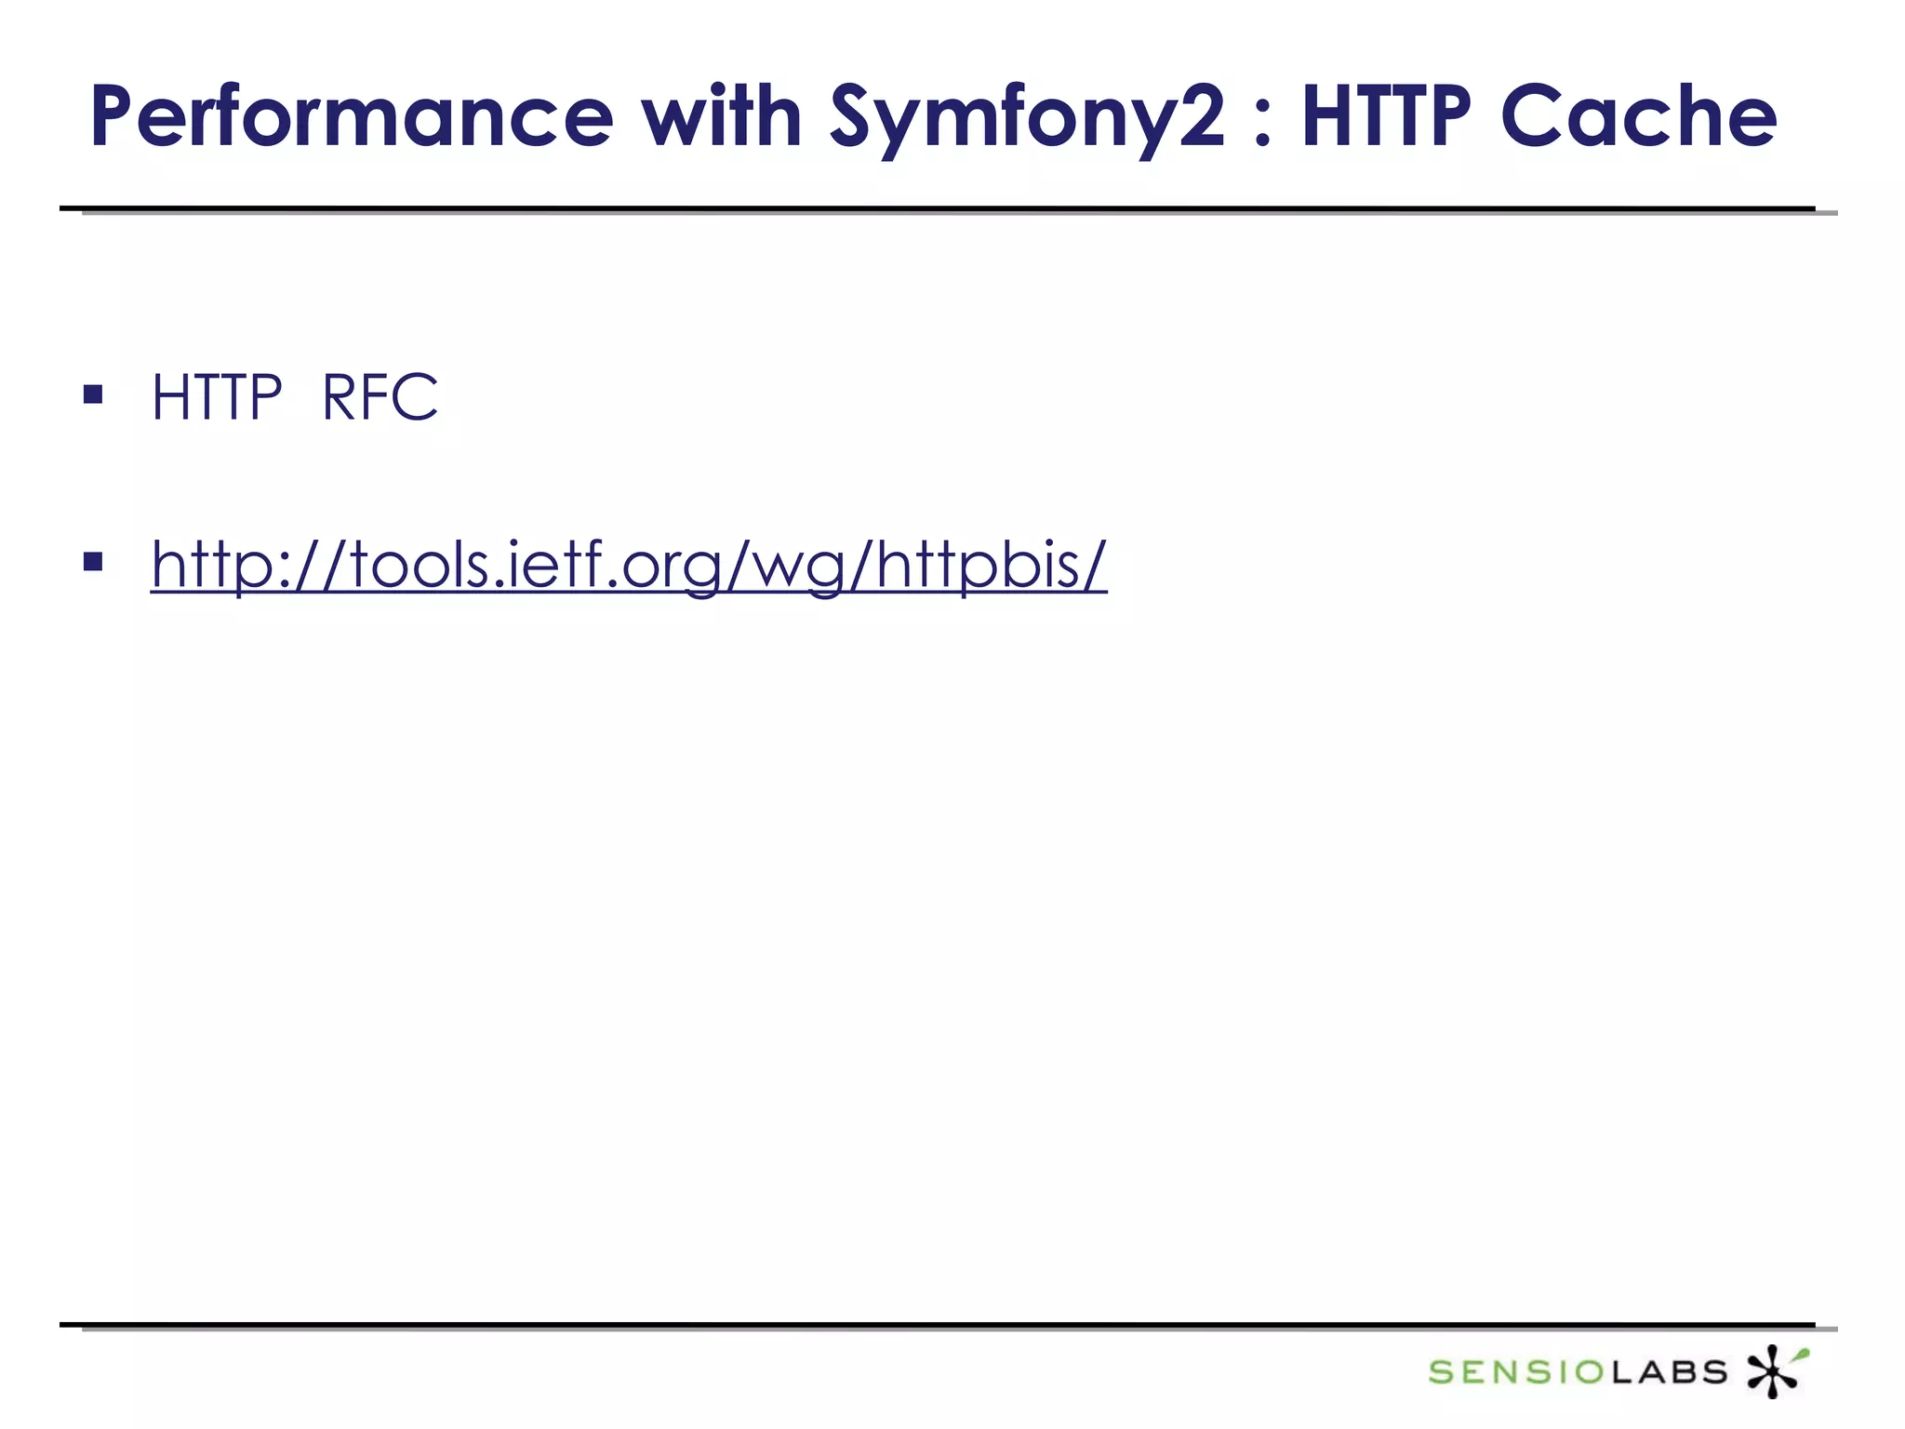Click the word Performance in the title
(352, 117)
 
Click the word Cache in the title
(1639, 117)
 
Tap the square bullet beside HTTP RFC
(93, 395)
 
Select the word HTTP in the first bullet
(217, 397)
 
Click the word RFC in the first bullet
(380, 397)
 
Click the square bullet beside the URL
(93, 561)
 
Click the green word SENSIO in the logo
(1516, 1371)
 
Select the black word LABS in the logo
(1669, 1371)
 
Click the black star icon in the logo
(1770, 1371)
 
